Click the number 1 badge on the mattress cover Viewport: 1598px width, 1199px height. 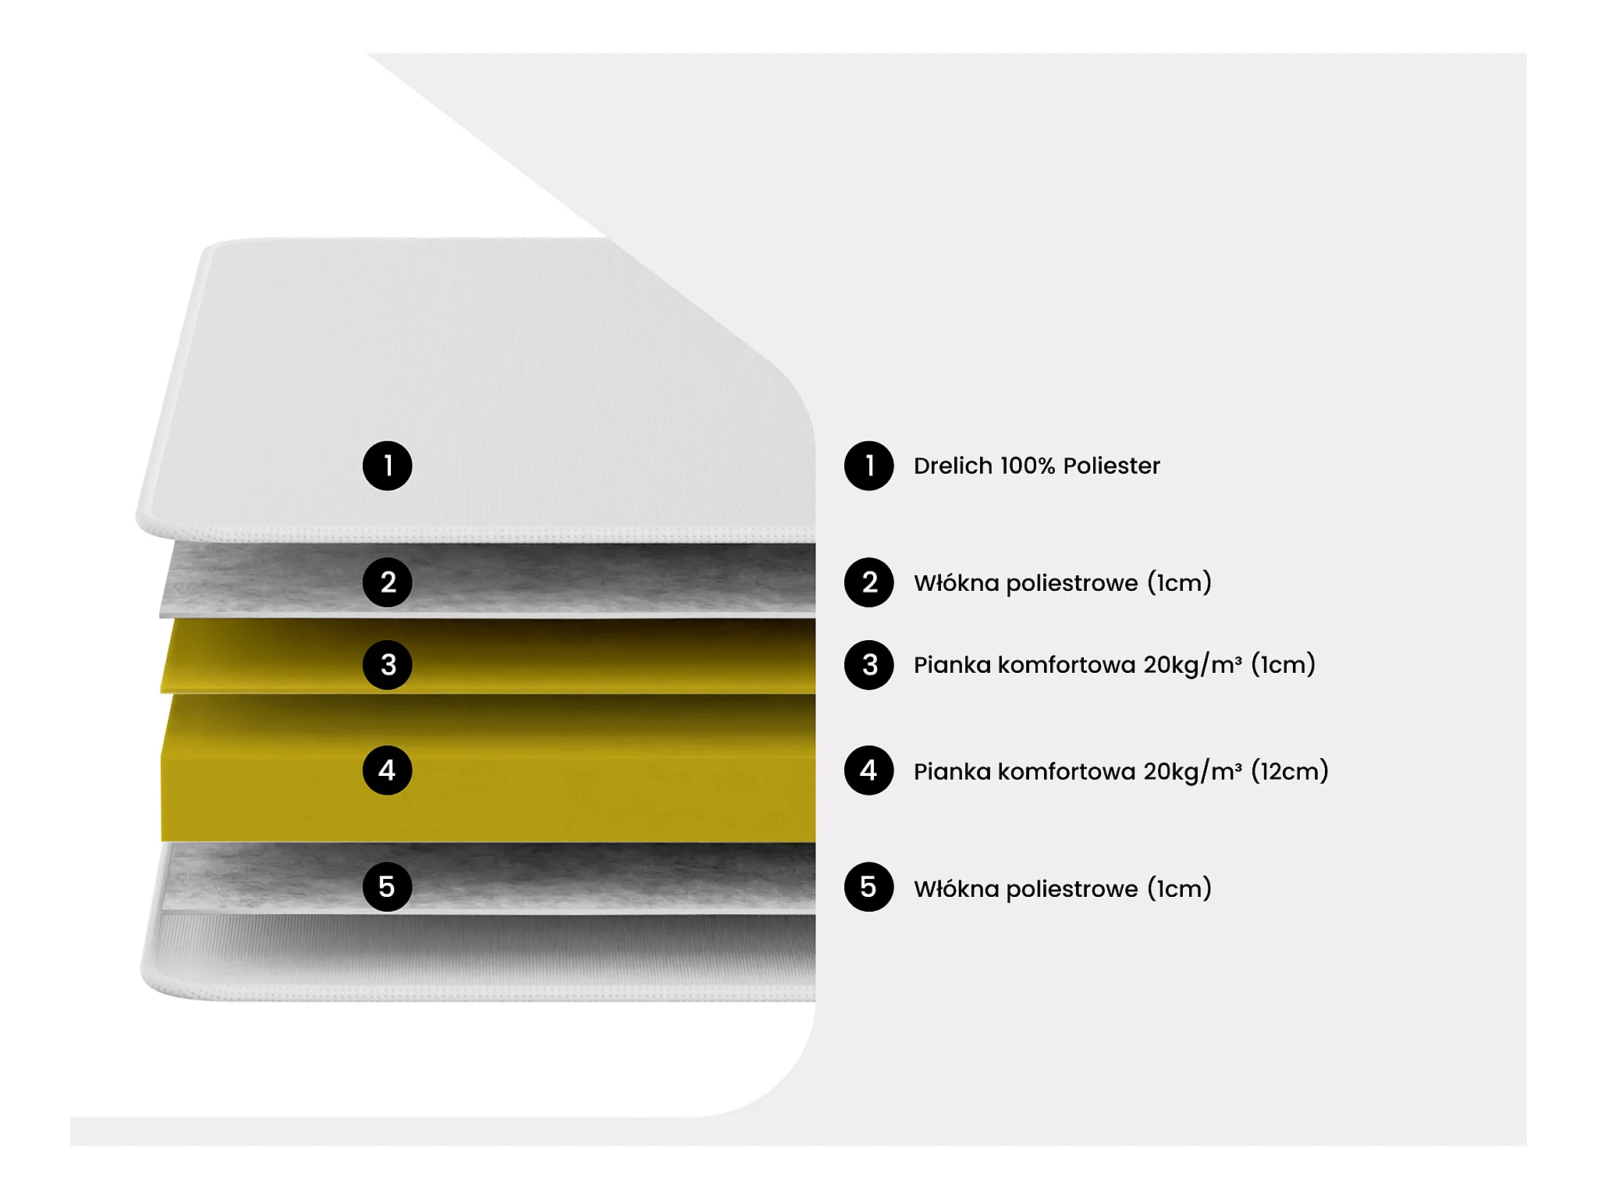pyautogui.click(x=387, y=466)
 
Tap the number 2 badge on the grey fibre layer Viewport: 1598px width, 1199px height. pyautogui.click(x=387, y=582)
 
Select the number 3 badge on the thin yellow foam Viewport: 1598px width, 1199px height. pyautogui.click(x=387, y=665)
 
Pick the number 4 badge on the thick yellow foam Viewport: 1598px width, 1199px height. pyautogui.click(x=387, y=770)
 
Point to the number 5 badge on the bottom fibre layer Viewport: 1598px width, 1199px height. pyautogui.click(x=387, y=887)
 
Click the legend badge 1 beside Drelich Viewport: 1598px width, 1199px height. pyautogui.click(x=868, y=466)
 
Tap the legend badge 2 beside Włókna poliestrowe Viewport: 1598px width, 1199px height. pyautogui.click(x=868, y=582)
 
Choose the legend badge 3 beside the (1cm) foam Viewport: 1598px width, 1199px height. pyautogui.click(x=868, y=665)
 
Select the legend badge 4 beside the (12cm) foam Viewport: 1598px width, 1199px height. pyautogui.click(x=868, y=770)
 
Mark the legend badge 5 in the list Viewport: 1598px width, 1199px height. pyautogui.click(x=868, y=887)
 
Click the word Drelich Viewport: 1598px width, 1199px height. pyautogui.click(x=953, y=466)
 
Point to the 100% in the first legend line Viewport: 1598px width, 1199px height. pyautogui.click(x=1028, y=466)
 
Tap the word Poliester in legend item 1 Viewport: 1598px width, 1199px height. pyautogui.click(x=1111, y=466)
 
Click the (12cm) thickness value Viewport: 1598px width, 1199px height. pyautogui.click(x=1289, y=771)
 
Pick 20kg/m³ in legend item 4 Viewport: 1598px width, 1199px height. pyautogui.click(x=1192, y=771)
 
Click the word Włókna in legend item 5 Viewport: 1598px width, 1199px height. pyautogui.click(x=956, y=888)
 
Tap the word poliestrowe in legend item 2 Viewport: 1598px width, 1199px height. pyautogui.click(x=1072, y=583)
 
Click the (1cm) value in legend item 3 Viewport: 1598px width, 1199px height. pyautogui.click(x=1283, y=665)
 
